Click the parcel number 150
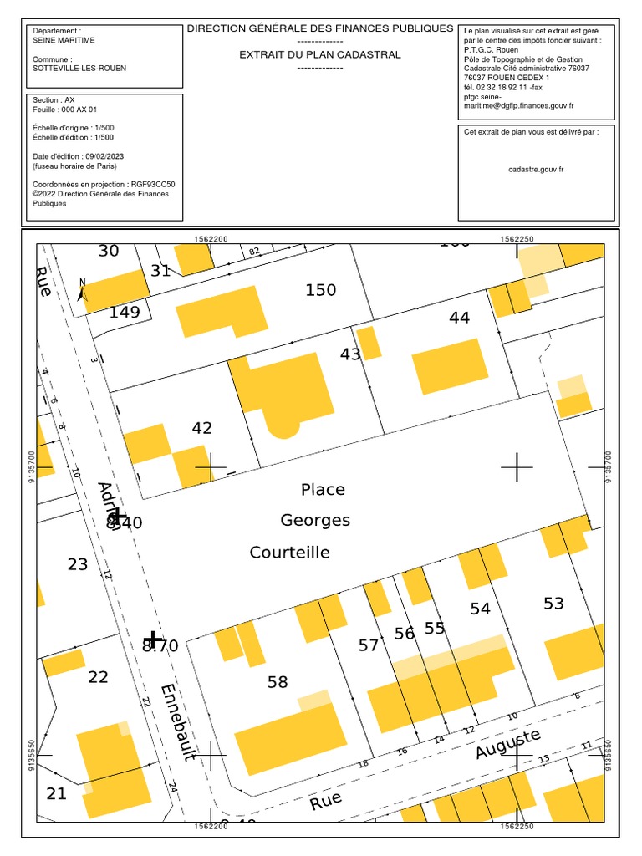coord(320,290)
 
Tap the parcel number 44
coord(459,318)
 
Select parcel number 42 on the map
coord(201,428)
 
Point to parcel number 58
coord(278,682)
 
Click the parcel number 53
coord(553,604)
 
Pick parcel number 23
coord(78,565)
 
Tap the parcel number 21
coord(56,794)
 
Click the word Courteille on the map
coord(289,553)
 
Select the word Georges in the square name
coord(315,521)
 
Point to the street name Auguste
coord(507,743)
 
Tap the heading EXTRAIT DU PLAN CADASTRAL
coord(320,54)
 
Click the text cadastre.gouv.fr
coord(536,169)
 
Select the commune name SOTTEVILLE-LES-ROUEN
coord(79,68)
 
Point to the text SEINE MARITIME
coord(64,39)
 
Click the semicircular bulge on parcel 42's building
coord(283,428)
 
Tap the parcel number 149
coord(125,313)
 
